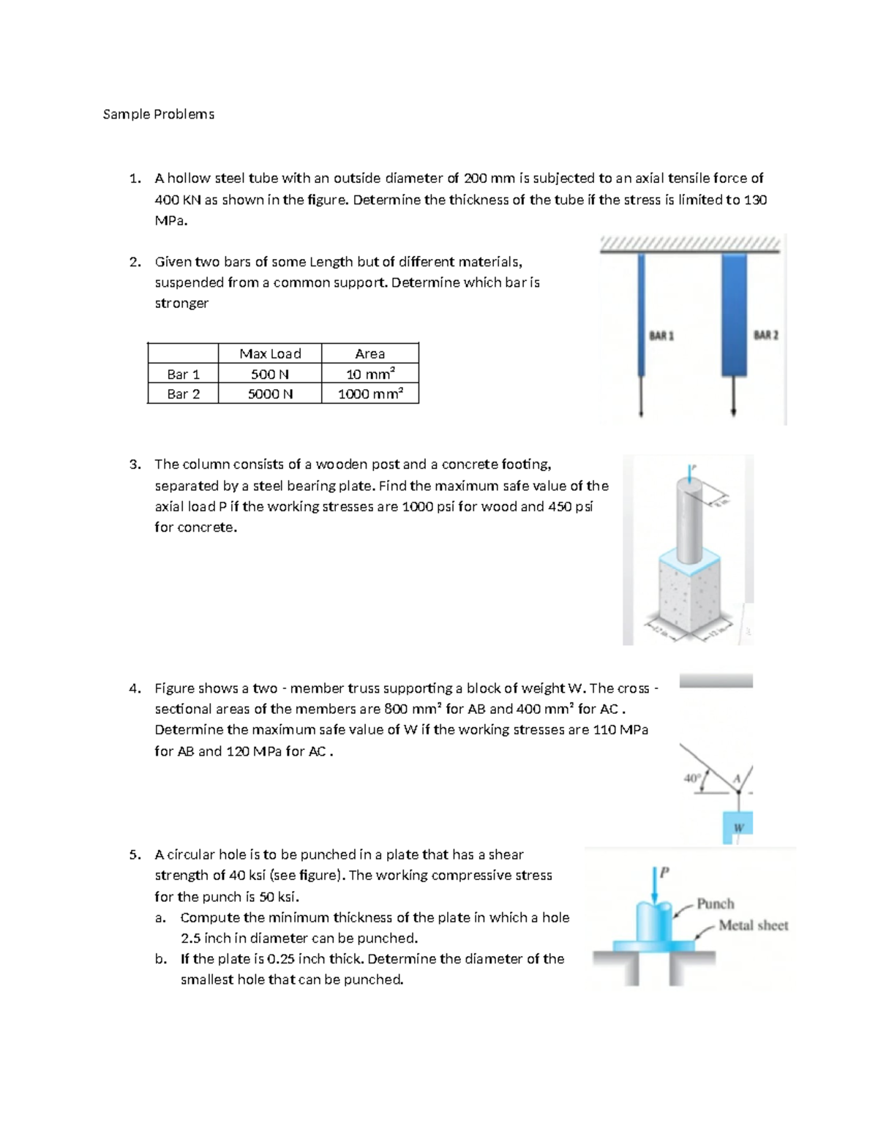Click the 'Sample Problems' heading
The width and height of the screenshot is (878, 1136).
(x=159, y=114)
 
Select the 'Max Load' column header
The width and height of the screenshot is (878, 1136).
(x=270, y=353)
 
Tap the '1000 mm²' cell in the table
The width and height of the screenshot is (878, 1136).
(x=370, y=394)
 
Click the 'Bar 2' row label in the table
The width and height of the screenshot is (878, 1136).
(x=183, y=394)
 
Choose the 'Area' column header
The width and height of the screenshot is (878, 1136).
(x=370, y=353)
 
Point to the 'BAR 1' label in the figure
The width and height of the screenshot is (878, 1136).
(x=661, y=336)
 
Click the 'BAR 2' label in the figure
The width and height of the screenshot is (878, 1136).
(x=766, y=335)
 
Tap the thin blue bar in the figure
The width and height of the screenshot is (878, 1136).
(x=642, y=315)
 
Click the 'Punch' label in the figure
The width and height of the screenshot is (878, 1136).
(x=715, y=903)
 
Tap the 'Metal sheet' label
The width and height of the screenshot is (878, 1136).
(x=753, y=925)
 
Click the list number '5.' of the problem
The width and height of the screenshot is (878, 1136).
(x=135, y=854)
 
